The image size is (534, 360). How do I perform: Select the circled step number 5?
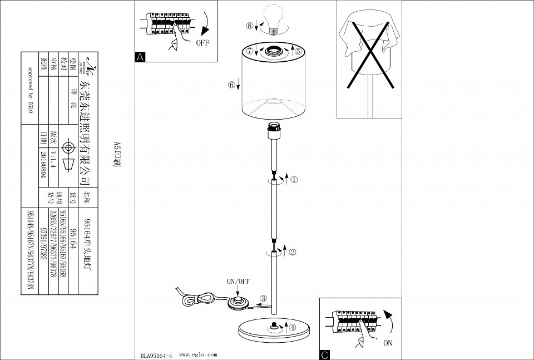pyautogui.click(x=298, y=51)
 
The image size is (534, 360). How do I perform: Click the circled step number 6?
pyautogui.click(x=231, y=85)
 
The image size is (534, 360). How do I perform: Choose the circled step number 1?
pyautogui.click(x=294, y=180)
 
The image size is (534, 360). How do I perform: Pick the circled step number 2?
pyautogui.click(x=293, y=251)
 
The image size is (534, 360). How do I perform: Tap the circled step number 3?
pyautogui.click(x=263, y=298)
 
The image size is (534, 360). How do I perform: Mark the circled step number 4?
pyautogui.click(x=293, y=327)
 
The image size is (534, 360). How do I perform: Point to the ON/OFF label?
pyautogui.click(x=238, y=282)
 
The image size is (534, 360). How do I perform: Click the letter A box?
pyautogui.click(x=139, y=57)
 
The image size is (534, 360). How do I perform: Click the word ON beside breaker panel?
pyautogui.click(x=387, y=343)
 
